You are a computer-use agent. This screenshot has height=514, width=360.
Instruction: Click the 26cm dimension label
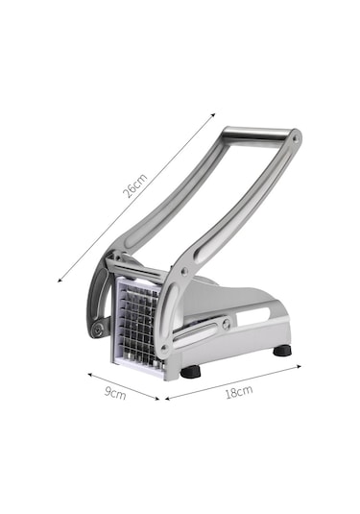pos(135,186)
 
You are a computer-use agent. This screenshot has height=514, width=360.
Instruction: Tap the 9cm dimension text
pos(115,393)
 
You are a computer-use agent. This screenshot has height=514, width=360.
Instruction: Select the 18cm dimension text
pos(239,392)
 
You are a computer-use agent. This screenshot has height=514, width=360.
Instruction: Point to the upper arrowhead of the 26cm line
pos(213,115)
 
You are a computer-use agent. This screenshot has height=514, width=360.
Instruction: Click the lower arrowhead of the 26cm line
pos(60,280)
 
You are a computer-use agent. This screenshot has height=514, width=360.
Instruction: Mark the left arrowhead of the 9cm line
pos(90,375)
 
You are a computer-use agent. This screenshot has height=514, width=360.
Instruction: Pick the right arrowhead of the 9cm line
pos(156,399)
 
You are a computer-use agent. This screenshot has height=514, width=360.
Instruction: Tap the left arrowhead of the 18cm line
pos(168,399)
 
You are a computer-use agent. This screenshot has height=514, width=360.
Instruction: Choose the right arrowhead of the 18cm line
pos(299,366)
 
